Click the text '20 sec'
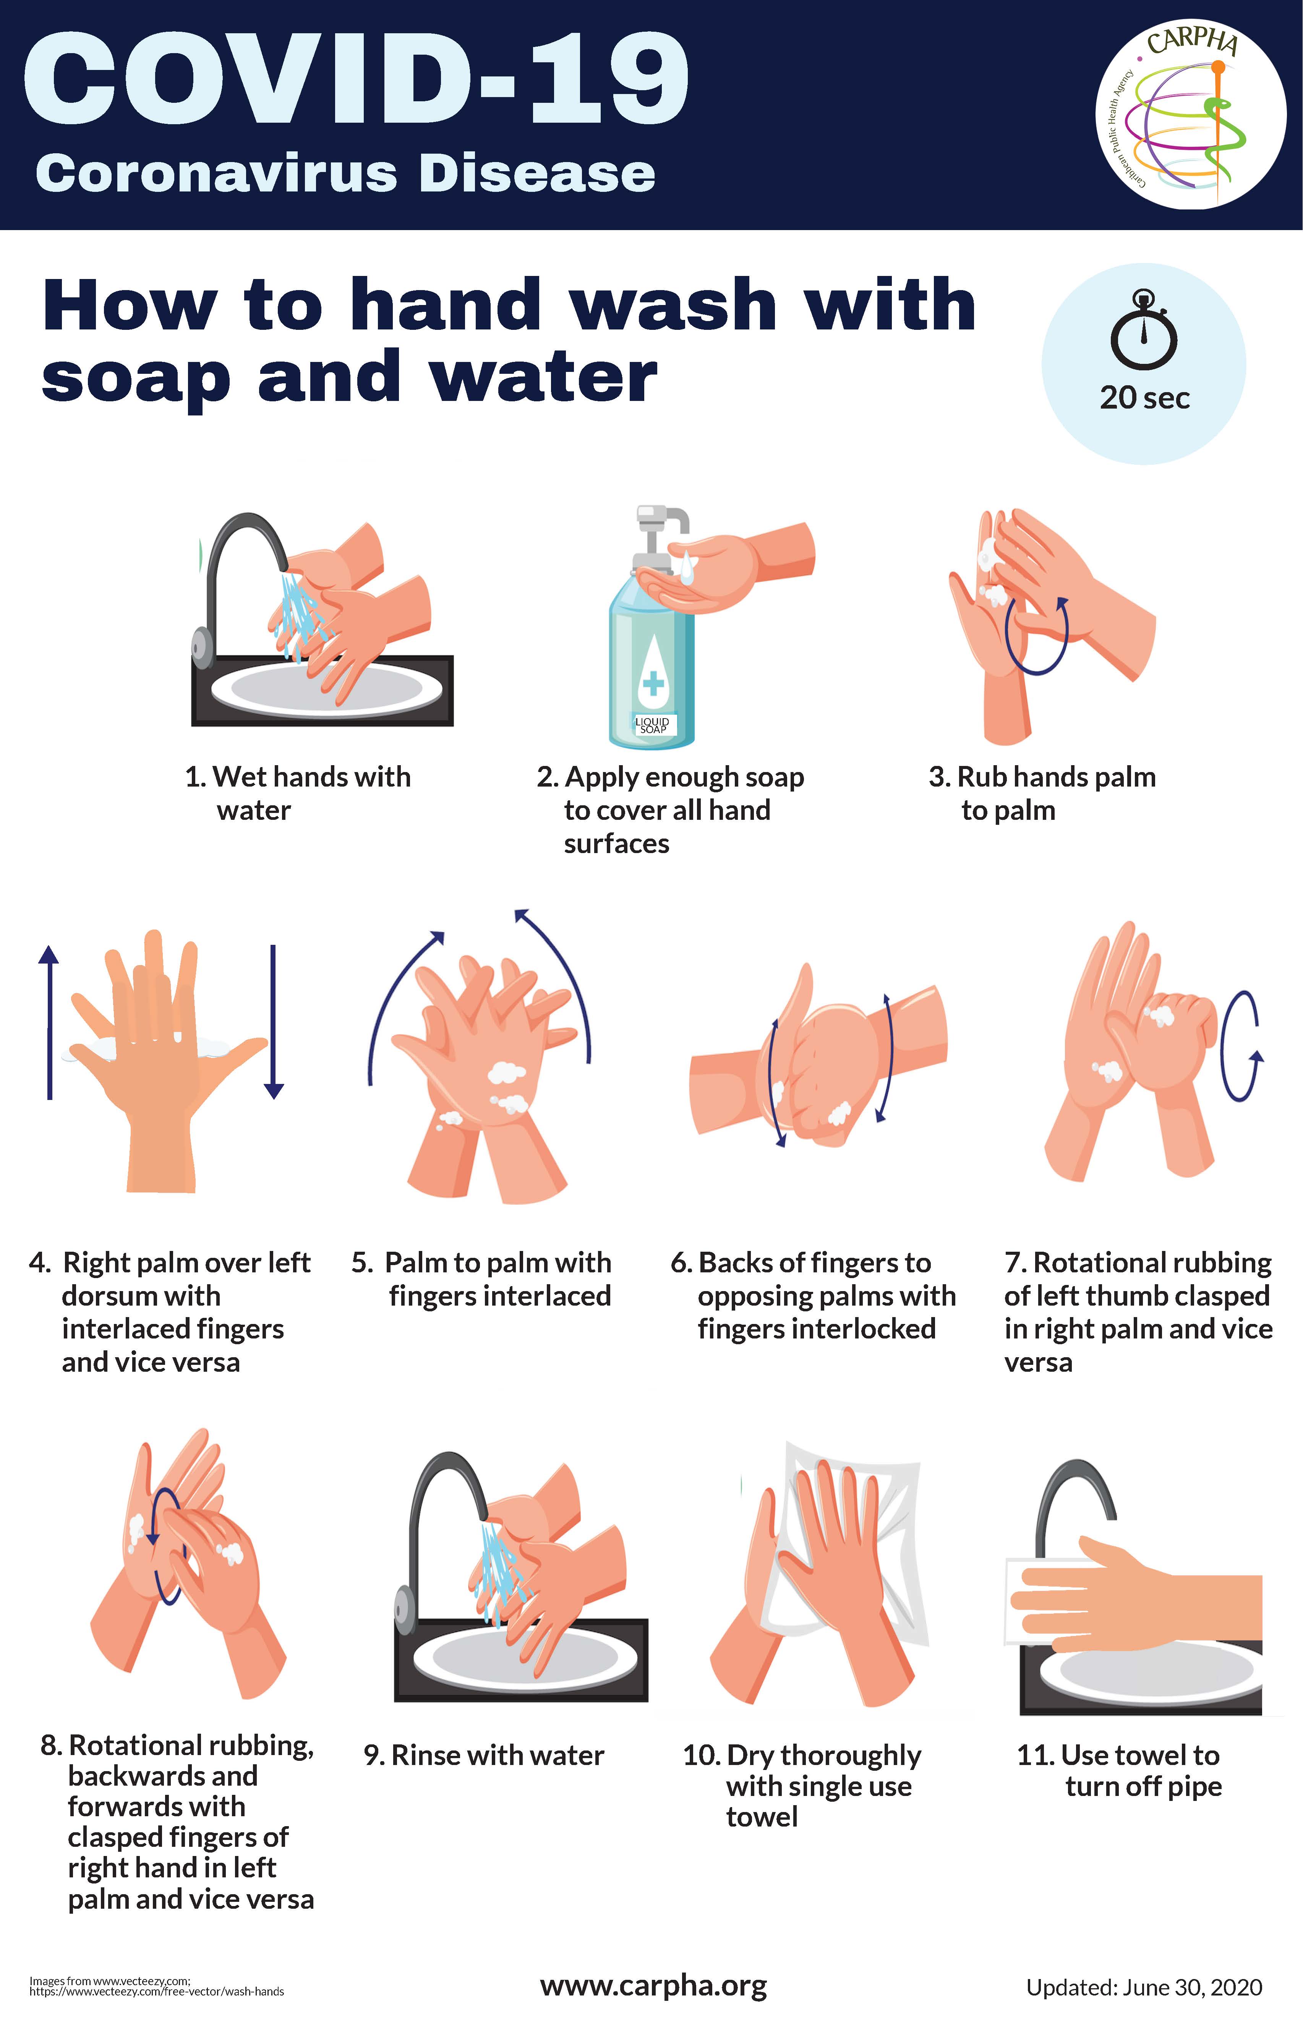1145,398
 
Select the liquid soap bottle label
652,724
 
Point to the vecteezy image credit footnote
157,1986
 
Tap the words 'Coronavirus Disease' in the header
345,174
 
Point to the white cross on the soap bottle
652,682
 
